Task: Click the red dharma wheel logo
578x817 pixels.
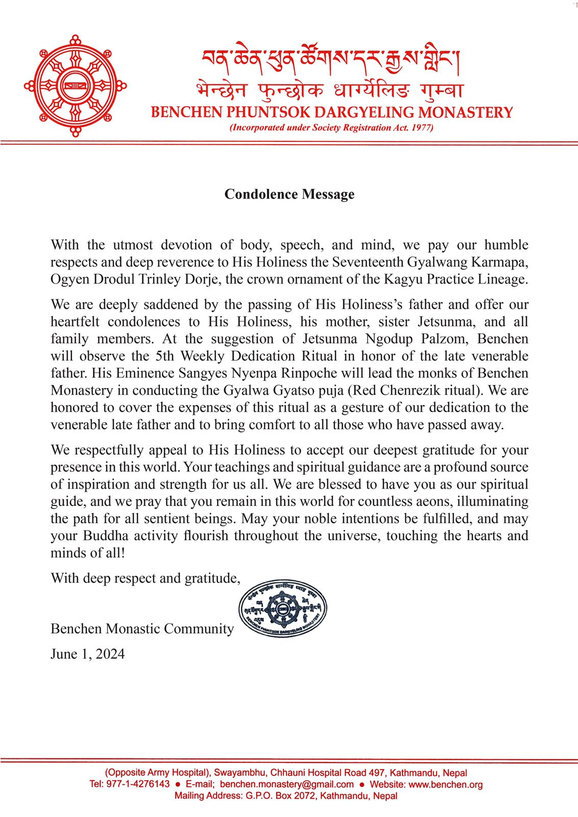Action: coord(76,86)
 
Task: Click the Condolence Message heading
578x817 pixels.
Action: coord(289,195)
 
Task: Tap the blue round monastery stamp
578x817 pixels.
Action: coord(283,609)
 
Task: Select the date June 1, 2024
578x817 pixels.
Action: coord(87,654)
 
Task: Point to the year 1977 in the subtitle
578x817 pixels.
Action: coord(422,128)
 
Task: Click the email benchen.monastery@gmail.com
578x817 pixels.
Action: coord(287,784)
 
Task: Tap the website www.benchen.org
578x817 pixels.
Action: coord(445,784)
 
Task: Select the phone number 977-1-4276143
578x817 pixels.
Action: coord(138,784)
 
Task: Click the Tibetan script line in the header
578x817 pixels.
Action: coord(331,60)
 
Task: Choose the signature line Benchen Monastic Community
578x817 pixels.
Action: coord(142,629)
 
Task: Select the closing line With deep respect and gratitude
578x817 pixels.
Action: coord(146,579)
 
